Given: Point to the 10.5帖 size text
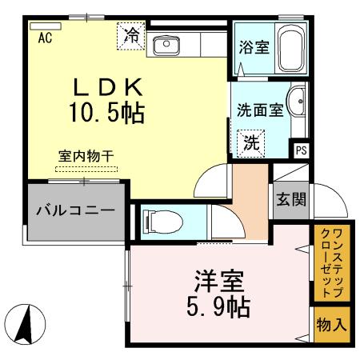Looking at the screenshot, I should [107, 114].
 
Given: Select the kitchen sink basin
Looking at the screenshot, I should [166, 45].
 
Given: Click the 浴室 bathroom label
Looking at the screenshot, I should [254, 47].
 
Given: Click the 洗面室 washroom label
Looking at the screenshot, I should [259, 111].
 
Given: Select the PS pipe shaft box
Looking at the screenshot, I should [301, 150].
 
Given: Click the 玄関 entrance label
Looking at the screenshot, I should [290, 198].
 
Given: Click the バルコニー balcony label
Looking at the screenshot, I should [74, 212].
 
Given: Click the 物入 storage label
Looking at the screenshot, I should [332, 325].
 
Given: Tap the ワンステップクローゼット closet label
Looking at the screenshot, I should [331, 264].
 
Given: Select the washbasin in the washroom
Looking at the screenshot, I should [297, 104].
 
